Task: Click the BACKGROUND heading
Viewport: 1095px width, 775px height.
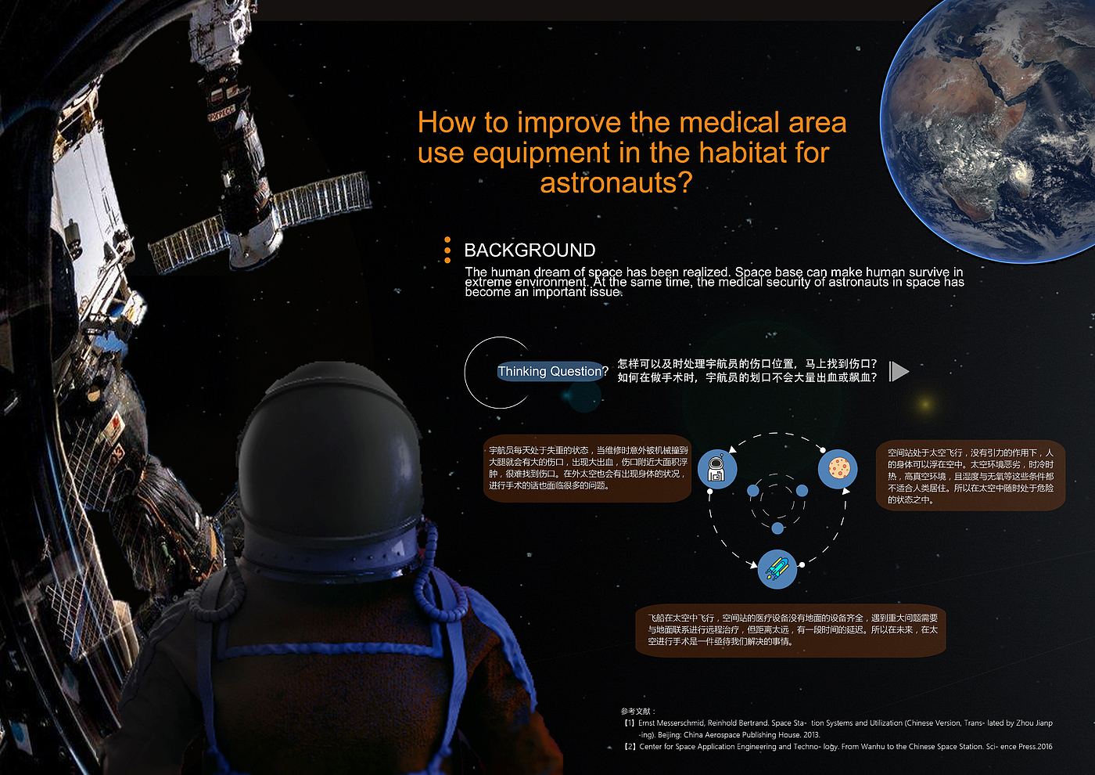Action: pyautogui.click(x=530, y=250)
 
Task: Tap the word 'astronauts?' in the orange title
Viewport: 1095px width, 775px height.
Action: pyautogui.click(x=616, y=182)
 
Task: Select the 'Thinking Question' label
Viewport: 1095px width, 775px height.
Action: pyautogui.click(x=549, y=371)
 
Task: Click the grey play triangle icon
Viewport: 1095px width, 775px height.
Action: pyautogui.click(x=899, y=372)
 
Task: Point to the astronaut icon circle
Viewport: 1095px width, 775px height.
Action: pyautogui.click(x=717, y=469)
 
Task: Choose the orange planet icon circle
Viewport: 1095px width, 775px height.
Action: pyautogui.click(x=838, y=469)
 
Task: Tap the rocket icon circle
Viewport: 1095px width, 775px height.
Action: pyautogui.click(x=777, y=569)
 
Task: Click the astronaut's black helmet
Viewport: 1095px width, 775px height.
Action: pyautogui.click(x=330, y=465)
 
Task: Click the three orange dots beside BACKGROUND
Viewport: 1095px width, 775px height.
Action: pyautogui.click(x=447, y=250)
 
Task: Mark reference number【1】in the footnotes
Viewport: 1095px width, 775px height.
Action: pyautogui.click(x=629, y=723)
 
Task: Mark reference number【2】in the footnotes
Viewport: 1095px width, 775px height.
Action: pyautogui.click(x=630, y=747)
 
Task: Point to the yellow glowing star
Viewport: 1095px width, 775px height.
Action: pyautogui.click(x=924, y=404)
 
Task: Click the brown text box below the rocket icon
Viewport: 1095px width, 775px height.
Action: pyautogui.click(x=791, y=630)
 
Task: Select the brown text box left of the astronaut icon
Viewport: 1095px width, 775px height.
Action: pyautogui.click(x=587, y=468)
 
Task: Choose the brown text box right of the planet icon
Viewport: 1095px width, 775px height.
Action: pyautogui.click(x=971, y=476)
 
